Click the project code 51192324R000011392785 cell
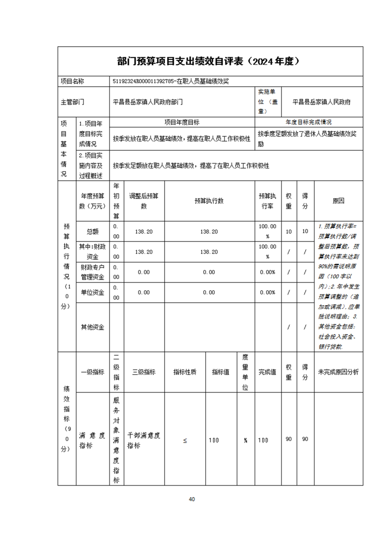(170, 81)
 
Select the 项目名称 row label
(71, 81)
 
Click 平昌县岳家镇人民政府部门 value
(148, 102)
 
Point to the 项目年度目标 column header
(182, 122)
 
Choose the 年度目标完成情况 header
(309, 122)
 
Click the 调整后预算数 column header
(143, 201)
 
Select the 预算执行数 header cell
(209, 201)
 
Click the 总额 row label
(92, 231)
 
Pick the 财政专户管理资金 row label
(92, 272)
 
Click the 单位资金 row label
(92, 292)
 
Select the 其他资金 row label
(92, 327)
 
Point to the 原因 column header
(338, 201)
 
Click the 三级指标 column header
(143, 372)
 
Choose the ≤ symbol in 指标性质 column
(185, 440)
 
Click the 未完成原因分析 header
(338, 372)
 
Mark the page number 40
(192, 499)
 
